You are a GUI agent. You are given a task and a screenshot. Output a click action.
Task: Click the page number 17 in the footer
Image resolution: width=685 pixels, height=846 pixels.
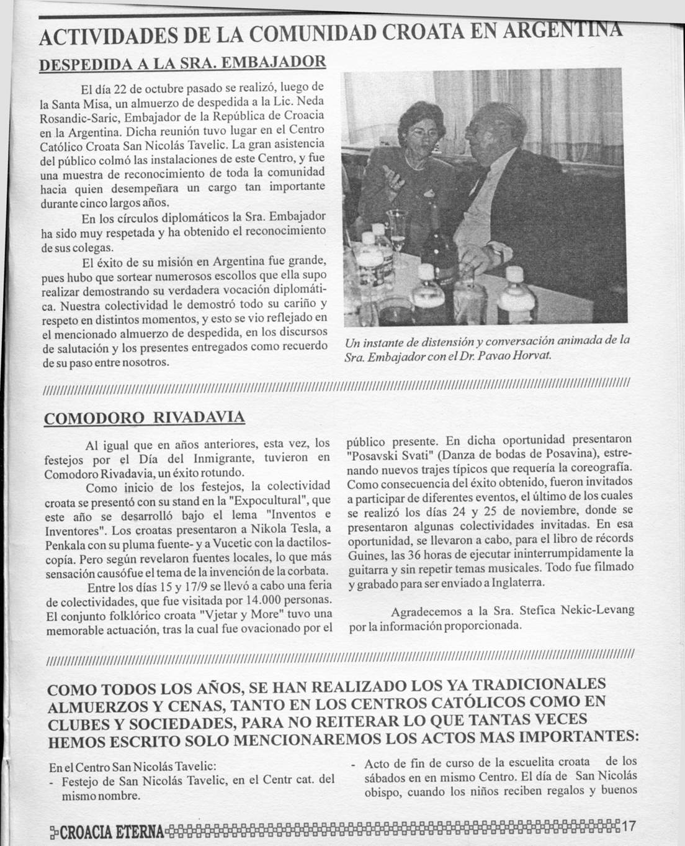629,827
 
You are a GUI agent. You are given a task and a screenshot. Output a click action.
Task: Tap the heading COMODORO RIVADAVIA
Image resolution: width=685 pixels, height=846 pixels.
144,418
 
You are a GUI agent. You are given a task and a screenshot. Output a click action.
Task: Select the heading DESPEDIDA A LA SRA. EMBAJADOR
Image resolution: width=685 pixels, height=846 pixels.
182,63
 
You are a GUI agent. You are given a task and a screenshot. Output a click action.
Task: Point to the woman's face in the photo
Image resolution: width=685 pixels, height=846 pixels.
416,132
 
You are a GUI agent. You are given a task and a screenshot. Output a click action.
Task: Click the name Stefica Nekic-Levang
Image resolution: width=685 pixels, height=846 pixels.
575,611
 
